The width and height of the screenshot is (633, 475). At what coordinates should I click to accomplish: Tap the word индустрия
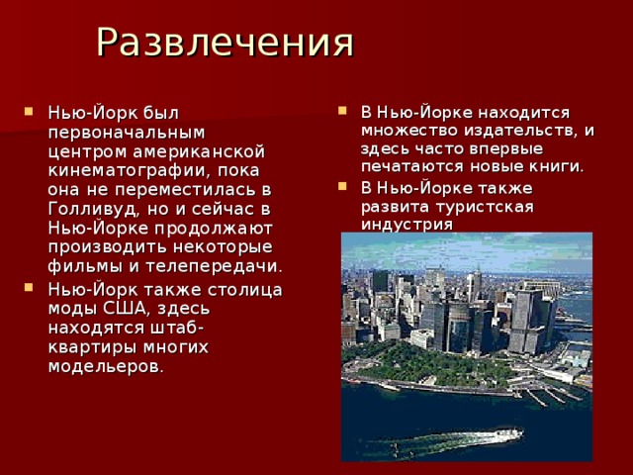pos(407,225)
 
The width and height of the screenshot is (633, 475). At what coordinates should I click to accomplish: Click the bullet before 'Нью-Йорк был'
pos(28,111)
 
